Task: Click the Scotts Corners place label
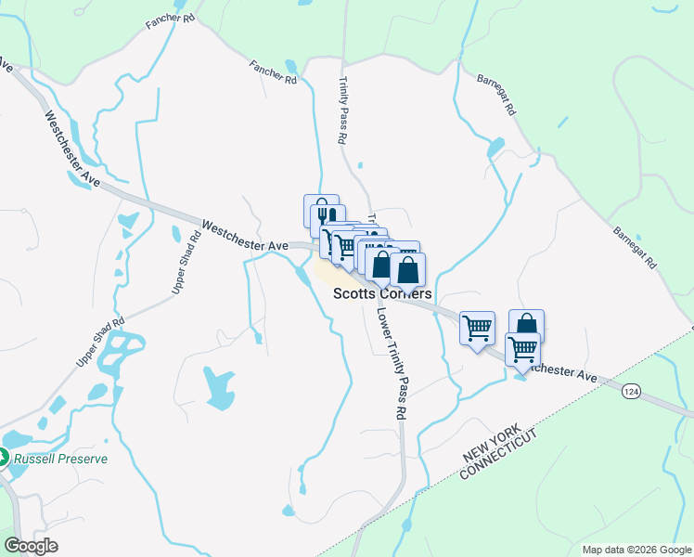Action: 382,293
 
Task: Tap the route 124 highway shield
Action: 631,393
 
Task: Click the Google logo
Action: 31,546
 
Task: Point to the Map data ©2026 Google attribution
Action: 636,550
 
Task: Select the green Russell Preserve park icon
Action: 3,458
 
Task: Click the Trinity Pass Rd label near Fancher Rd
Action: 342,110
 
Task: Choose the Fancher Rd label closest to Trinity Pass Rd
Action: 272,72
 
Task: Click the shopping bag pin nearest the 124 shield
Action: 526,325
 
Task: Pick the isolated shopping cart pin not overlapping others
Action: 477,328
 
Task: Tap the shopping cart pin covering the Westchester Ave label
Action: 522,349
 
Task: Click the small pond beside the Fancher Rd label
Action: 292,65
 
